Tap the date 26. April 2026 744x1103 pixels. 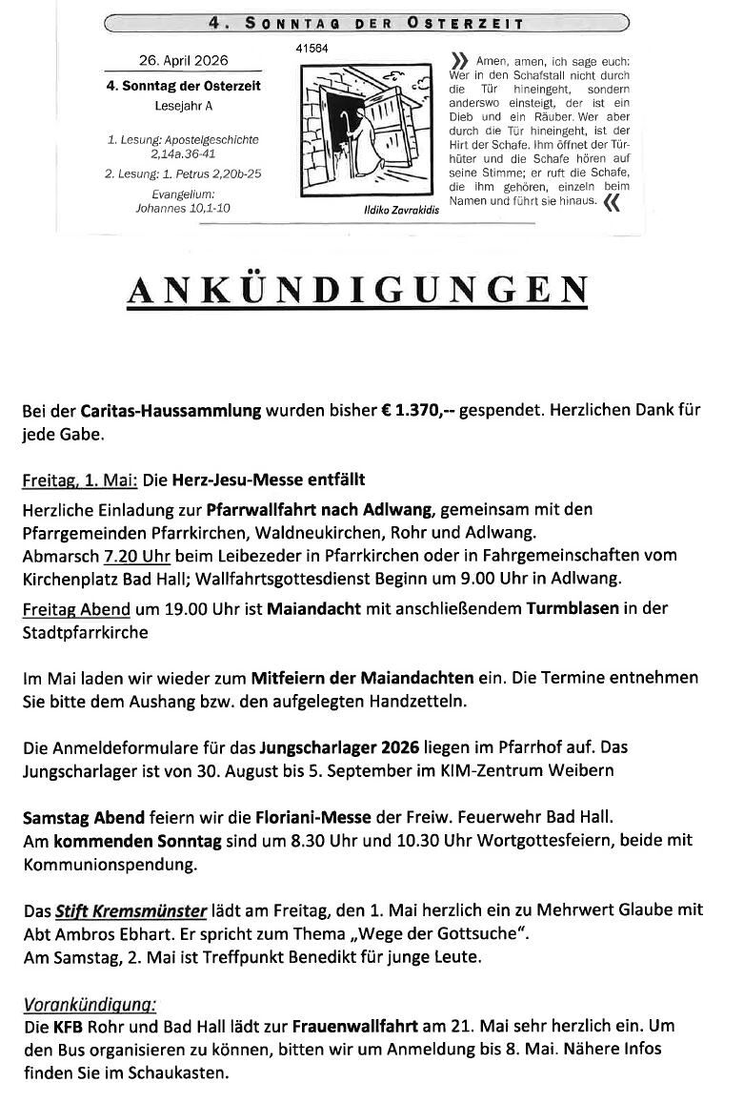183,60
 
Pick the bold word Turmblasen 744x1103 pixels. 571,609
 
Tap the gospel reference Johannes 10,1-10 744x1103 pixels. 182,208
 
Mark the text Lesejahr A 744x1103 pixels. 183,106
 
